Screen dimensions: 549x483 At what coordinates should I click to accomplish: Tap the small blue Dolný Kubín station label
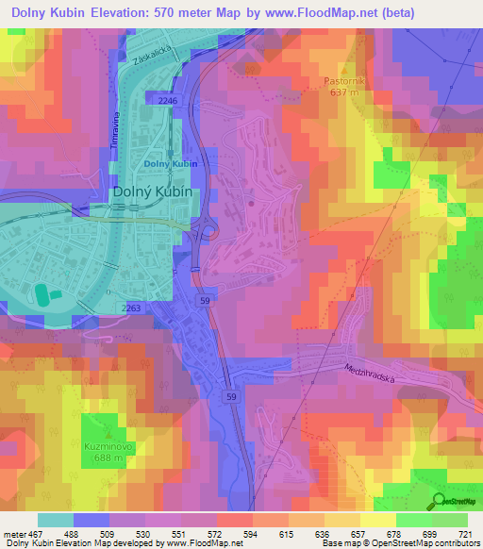171,164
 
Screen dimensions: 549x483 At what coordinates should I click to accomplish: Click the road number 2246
169,99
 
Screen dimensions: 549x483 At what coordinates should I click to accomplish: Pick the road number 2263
131,308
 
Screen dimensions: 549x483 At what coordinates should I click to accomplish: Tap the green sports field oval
43,295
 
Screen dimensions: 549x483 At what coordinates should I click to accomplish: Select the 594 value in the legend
248,534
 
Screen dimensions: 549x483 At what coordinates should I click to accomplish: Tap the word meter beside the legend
12,534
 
